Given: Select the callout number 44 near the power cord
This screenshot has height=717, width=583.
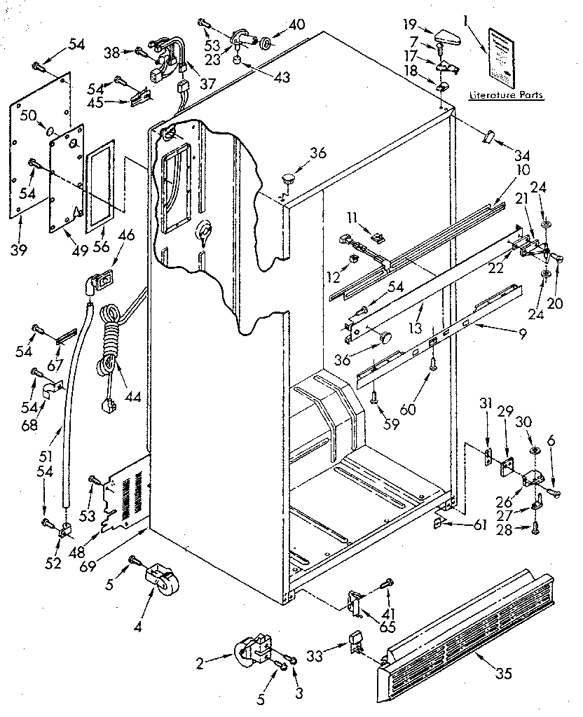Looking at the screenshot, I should [x=131, y=397].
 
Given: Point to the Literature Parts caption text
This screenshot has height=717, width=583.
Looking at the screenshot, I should [x=506, y=95].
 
